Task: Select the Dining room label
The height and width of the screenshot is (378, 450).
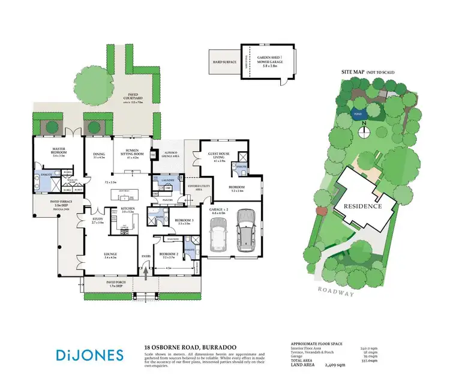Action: [99, 155]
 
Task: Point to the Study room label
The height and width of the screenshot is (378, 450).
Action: [97, 220]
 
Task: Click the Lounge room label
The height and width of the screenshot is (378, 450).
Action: [110, 255]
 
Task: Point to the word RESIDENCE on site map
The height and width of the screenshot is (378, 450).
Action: [362, 206]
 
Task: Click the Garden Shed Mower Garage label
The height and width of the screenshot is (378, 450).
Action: [271, 61]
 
